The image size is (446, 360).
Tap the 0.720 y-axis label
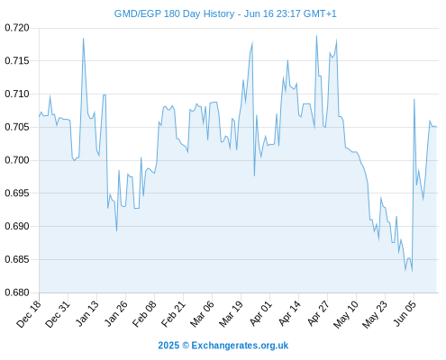(17, 28)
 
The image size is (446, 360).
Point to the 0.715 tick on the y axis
(17, 61)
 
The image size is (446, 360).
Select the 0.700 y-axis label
(17, 160)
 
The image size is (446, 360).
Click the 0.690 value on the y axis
(17, 226)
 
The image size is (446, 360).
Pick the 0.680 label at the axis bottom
(17, 292)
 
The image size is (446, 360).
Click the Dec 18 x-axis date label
(29, 314)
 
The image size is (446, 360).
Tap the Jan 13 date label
(86, 314)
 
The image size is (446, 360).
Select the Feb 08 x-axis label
(144, 314)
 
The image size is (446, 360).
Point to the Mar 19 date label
(231, 314)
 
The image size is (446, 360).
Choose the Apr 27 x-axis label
(317, 314)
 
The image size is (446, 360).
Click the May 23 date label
(374, 314)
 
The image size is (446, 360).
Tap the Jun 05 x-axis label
(405, 314)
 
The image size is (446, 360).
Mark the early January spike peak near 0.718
(83, 38)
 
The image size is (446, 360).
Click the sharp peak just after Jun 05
(414, 99)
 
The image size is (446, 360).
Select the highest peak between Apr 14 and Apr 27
(316, 36)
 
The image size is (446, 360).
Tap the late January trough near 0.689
(116, 230)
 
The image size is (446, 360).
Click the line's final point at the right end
(436, 127)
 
